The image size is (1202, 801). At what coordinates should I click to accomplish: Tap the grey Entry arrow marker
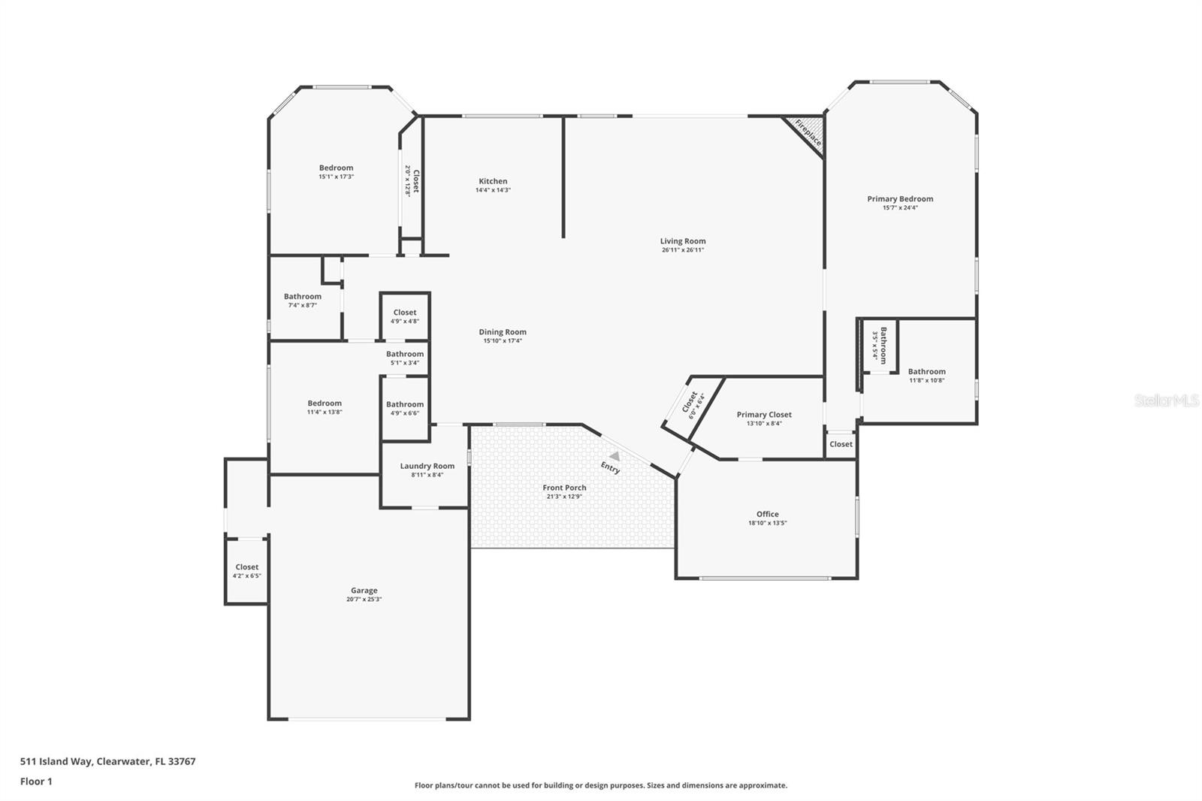tap(615, 455)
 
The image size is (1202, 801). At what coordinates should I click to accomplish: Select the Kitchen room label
tap(493, 181)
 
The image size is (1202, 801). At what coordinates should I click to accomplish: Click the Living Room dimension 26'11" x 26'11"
tap(682, 250)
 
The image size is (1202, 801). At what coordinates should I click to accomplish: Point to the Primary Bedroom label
tap(900, 199)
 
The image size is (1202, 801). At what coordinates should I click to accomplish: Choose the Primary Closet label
tap(764, 415)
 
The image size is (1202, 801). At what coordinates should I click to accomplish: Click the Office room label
tap(767, 515)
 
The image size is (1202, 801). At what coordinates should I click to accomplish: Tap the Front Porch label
tap(564, 488)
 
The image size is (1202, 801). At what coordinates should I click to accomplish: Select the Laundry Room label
tap(427, 466)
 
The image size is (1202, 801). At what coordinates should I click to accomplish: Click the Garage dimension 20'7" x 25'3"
tap(364, 600)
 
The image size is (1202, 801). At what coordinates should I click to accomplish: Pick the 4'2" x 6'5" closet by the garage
tap(246, 571)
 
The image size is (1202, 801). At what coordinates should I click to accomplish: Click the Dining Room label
tap(503, 332)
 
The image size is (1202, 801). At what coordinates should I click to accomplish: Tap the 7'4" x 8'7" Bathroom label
tap(302, 297)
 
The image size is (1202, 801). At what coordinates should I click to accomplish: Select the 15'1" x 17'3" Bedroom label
tap(336, 168)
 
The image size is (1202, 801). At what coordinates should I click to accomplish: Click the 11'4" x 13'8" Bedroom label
tap(324, 404)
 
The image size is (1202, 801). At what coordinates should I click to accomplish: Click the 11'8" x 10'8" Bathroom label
tap(926, 372)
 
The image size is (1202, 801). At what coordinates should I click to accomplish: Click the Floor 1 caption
tap(36, 781)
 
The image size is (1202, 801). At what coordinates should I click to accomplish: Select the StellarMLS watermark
tap(1166, 401)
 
